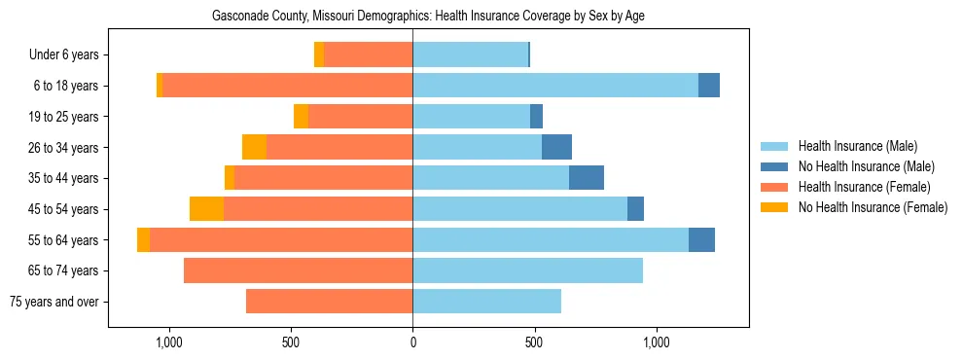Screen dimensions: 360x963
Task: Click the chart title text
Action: [428, 16]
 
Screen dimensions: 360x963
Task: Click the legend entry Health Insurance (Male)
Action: [857, 146]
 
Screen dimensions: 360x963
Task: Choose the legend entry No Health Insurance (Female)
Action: [872, 207]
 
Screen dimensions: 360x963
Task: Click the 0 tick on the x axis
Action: [412, 342]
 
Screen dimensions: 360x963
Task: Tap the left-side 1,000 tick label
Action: [169, 342]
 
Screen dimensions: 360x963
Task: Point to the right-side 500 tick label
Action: [534, 342]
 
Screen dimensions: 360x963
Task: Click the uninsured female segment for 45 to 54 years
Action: [206, 209]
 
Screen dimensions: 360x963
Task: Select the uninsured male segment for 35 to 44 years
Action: [587, 178]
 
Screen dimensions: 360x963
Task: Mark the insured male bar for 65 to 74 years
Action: [527, 270]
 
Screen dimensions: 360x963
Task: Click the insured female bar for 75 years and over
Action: [329, 302]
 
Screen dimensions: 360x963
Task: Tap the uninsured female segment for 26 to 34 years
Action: [254, 147]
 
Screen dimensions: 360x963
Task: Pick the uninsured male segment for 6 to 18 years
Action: [709, 86]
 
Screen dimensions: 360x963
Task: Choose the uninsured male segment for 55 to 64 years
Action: [701, 239]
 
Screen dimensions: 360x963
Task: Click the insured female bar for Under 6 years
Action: [368, 55]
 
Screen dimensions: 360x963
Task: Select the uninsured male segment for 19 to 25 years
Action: [536, 117]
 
